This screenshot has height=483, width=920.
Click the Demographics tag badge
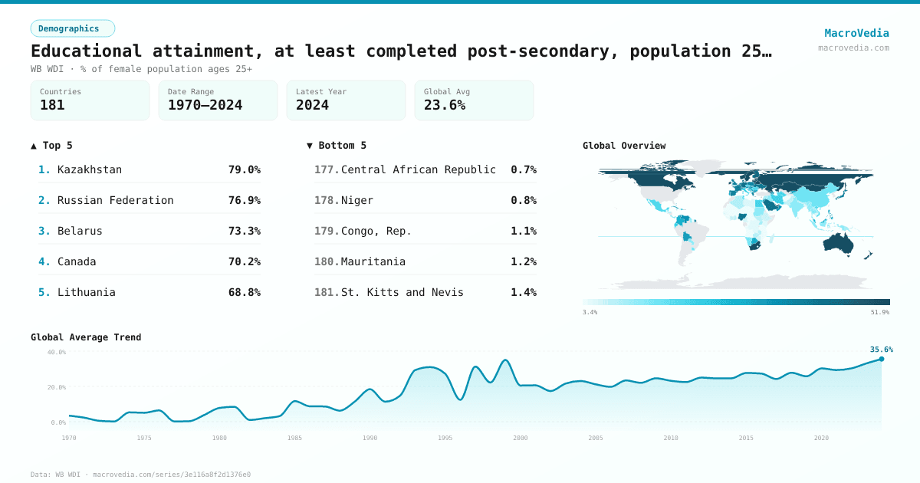coord(72,28)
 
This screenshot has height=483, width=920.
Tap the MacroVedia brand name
coord(856,33)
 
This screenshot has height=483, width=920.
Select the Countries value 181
coord(52,105)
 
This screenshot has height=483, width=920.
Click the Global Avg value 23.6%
coord(445,105)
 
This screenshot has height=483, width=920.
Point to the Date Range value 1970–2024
coord(205,105)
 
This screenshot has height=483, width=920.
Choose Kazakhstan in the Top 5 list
coord(89,169)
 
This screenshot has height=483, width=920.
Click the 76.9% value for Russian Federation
coord(244,200)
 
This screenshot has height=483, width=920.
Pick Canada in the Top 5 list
coord(77,261)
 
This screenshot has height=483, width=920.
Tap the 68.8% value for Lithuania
coord(244,292)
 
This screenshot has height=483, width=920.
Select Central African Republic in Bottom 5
coord(418,169)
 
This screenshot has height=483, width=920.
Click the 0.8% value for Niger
coord(523,200)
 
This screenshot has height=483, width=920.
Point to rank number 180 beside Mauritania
coord(326,261)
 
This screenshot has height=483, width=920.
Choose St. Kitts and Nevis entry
coord(402,292)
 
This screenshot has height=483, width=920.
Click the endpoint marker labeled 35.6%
coord(881,359)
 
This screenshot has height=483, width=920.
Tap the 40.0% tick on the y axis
coord(57,353)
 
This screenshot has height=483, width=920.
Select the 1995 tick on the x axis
coord(445,438)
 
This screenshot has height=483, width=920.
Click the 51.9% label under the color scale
coord(879,312)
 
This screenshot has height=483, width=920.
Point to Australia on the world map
coord(843,242)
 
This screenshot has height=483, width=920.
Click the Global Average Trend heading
coord(86,337)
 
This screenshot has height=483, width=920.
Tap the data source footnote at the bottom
coord(140,475)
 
